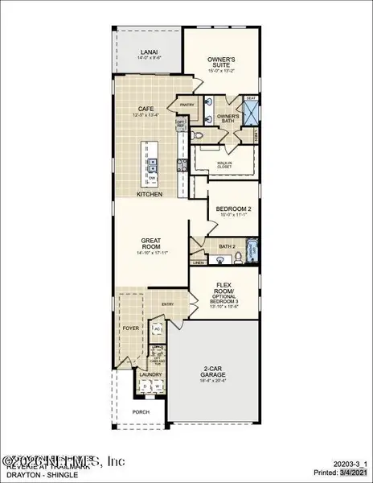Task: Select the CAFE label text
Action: coord(145,109)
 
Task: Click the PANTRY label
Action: coord(187,104)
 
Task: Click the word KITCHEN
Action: coord(150,195)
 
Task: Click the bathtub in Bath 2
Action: coord(251,251)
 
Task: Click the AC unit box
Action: coord(158,331)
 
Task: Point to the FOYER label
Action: coord(130,328)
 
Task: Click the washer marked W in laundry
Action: coord(158,387)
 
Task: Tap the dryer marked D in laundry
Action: coord(146,387)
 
